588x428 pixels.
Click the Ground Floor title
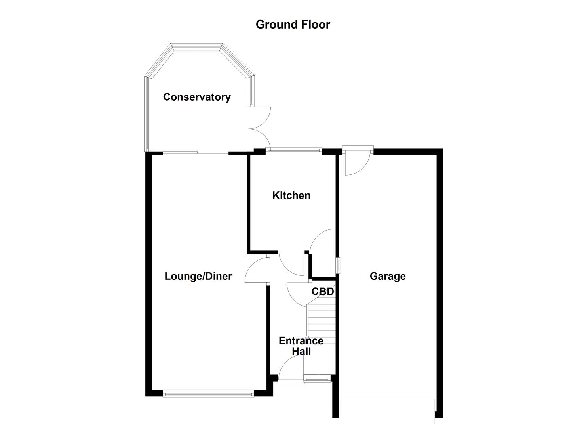pos(293,25)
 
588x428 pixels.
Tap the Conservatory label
pos(197,97)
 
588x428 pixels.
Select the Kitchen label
pos(291,195)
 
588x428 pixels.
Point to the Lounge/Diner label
pos(198,276)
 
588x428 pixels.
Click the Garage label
pos(388,276)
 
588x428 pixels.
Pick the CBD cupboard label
pos(323,292)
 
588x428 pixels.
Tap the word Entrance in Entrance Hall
pos(301,341)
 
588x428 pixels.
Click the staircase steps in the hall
pos(322,321)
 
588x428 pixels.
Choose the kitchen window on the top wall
pos(293,150)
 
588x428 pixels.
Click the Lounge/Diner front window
pos(208,394)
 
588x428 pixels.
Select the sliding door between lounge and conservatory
pos(196,153)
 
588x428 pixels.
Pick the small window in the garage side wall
pos(338,265)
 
